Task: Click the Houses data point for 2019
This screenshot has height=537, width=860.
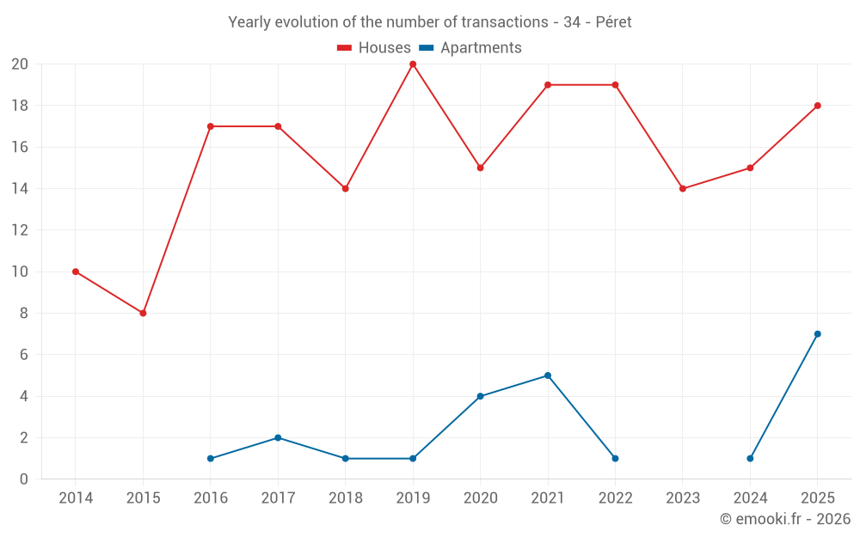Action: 413,64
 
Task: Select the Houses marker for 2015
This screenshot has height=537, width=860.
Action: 143,314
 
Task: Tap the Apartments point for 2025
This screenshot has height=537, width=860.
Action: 818,334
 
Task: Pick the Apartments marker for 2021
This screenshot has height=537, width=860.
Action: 548,376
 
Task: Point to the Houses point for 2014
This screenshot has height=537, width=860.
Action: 76,272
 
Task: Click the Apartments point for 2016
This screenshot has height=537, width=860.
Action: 211,459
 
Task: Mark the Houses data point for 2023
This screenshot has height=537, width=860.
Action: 683,188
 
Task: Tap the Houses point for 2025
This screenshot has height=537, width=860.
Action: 818,106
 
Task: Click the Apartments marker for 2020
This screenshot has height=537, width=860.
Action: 481,396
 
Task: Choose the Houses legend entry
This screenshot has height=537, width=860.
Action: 374,47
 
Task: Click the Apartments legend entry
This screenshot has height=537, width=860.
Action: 470,47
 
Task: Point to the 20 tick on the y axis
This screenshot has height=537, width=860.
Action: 20,64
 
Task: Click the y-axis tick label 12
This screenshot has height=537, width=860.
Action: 20,230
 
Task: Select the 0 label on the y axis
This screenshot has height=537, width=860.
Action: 23,479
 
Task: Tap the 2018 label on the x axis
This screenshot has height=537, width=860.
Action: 346,498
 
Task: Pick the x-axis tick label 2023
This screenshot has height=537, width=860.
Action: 683,498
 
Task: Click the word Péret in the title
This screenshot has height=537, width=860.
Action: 614,22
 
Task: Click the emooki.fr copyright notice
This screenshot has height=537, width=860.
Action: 785,519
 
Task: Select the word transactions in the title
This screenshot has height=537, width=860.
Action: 505,22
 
